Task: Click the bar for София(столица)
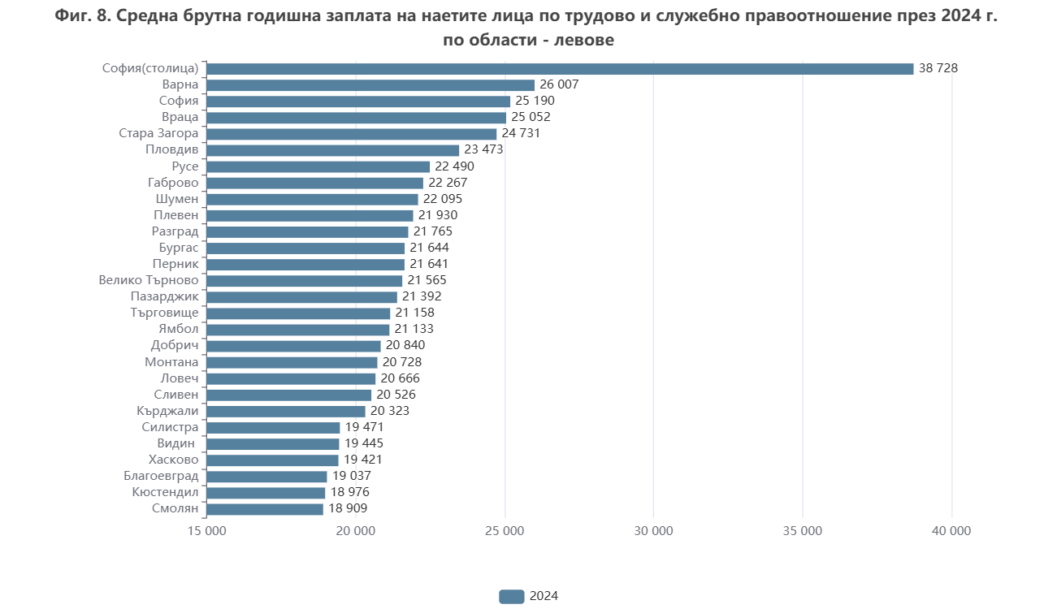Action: tap(560, 69)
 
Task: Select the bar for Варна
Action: tap(370, 85)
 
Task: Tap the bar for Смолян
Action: tap(265, 509)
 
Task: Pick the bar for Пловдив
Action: tap(333, 150)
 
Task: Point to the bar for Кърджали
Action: tap(286, 411)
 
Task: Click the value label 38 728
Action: tap(938, 69)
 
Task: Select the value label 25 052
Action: tap(531, 118)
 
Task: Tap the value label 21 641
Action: tap(429, 264)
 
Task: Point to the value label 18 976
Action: tap(349, 492)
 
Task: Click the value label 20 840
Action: tap(405, 346)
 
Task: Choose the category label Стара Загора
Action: tap(158, 134)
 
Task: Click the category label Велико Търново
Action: tap(149, 280)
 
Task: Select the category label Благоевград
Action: tap(161, 476)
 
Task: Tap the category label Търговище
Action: tap(164, 313)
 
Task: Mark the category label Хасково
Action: tap(169, 460)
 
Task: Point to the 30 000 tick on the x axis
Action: tap(653, 531)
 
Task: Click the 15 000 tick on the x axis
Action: tap(207, 531)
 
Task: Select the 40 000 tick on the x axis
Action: tap(951, 531)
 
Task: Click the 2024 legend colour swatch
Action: tap(511, 596)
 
